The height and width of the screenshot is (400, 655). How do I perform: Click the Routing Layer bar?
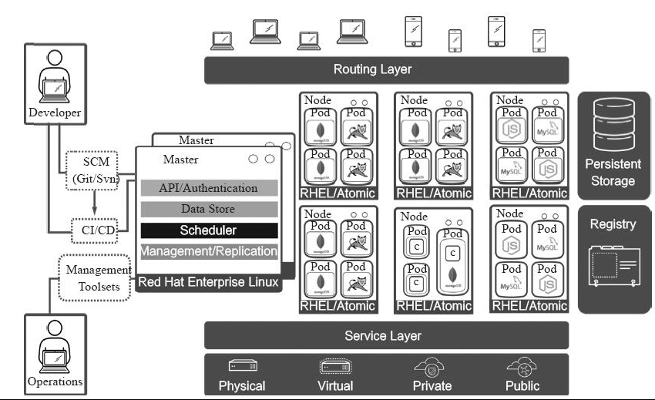coord(386,69)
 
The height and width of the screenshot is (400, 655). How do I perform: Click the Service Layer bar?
coord(386,336)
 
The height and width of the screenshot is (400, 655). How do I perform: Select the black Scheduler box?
coord(209,230)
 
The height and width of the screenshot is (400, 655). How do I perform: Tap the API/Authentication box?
coord(209,188)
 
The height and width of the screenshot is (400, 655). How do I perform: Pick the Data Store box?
coord(209,209)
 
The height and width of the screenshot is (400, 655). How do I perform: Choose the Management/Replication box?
coord(209,251)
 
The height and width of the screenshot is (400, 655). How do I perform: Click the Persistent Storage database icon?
coord(613,126)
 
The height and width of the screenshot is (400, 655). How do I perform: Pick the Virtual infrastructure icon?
coord(335,366)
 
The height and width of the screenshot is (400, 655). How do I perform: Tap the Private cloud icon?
coord(432,366)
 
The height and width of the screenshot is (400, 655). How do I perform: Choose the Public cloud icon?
coord(522,366)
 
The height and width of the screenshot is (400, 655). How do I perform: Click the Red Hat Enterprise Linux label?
coord(209,283)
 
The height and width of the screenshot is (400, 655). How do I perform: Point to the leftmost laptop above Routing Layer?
coord(223,38)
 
